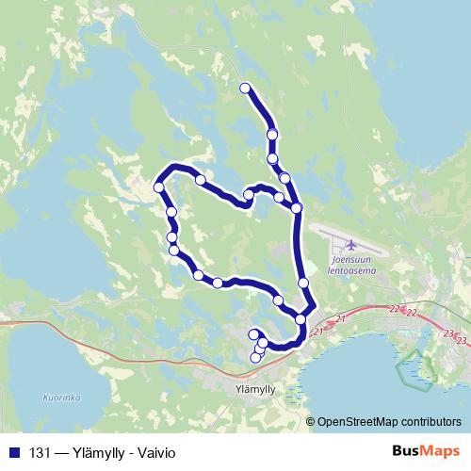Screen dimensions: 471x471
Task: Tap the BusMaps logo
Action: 425,450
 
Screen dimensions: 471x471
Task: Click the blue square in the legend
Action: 12,452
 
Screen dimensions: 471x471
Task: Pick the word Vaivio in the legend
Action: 155,452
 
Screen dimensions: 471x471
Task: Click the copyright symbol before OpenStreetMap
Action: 312,421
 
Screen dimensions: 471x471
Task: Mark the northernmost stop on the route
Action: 245,89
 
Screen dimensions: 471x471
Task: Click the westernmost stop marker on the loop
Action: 158,187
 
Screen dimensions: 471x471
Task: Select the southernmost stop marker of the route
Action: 254,358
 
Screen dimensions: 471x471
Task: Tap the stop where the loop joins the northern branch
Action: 297,207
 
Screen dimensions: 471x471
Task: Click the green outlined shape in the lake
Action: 412,366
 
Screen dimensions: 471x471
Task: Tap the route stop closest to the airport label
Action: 303,283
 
